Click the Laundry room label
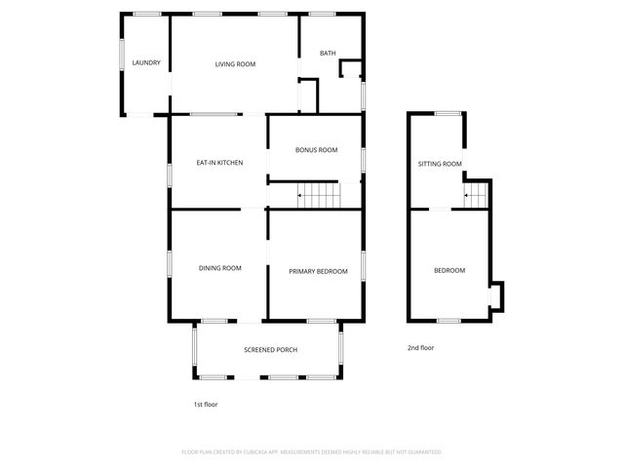pos(146,64)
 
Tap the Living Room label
pos(235,64)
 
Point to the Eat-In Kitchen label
pos(219,162)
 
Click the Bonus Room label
pos(317,150)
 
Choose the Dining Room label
pos(219,268)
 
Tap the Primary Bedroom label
pos(318,271)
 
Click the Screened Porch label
pos(270,350)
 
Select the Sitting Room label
pos(440,164)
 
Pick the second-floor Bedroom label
pos(449,270)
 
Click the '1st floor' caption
pos(206,404)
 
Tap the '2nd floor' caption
pos(421,348)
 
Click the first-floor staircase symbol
pos(318,196)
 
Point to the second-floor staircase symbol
pos(475,198)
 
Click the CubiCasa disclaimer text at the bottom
pos(312,452)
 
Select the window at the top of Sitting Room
pos(448,114)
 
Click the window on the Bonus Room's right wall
pos(363,159)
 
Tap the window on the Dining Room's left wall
pos(171,264)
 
